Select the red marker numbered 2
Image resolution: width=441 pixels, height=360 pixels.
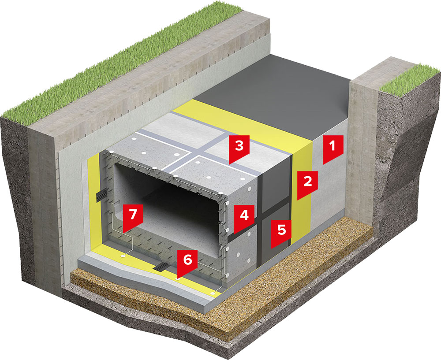tap(307, 183)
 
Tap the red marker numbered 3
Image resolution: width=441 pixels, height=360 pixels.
tap(239, 148)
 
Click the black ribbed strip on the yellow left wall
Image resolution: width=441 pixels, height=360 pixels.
tap(100, 194)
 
